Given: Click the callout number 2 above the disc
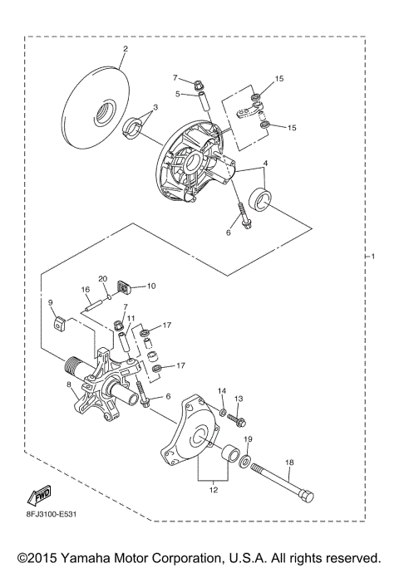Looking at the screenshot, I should [125, 49].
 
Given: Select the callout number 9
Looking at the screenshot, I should [50, 302].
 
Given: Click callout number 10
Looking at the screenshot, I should [151, 286].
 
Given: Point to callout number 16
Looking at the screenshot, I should [85, 290].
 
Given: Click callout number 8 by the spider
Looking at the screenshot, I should [68, 384].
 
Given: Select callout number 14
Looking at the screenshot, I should [222, 390].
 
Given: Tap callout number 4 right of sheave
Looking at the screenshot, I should [265, 163].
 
